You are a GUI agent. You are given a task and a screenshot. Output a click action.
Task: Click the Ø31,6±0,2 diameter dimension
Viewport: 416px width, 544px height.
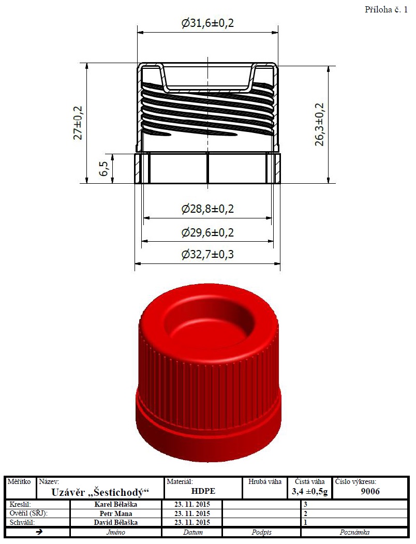click(x=207, y=23)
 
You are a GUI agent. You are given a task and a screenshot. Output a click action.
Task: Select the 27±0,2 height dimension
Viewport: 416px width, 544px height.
click(x=78, y=123)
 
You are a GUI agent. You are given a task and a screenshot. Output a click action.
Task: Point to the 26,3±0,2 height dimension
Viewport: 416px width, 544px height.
click(x=319, y=124)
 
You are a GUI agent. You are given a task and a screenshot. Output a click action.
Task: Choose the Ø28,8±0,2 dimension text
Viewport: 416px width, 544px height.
click(x=207, y=209)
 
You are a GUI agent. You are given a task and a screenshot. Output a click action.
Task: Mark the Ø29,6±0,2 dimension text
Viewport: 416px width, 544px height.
click(x=207, y=232)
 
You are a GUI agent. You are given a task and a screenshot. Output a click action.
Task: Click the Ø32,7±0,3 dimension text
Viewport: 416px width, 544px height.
click(x=207, y=255)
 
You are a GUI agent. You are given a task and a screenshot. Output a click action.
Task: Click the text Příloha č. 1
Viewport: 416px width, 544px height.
click(x=386, y=10)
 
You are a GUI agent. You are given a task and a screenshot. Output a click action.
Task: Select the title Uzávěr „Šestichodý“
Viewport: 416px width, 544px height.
click(x=100, y=492)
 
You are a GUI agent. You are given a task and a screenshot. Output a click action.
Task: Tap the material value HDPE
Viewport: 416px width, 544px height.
click(x=203, y=491)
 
